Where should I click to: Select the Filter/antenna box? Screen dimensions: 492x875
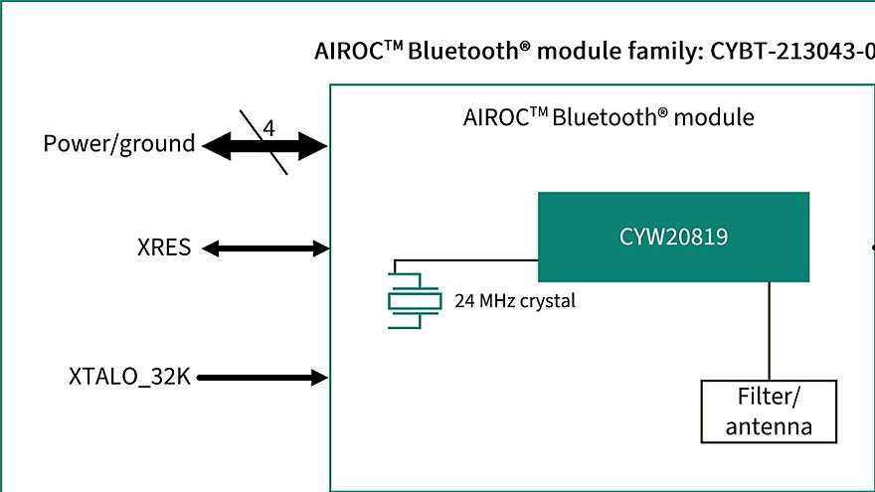point(769,411)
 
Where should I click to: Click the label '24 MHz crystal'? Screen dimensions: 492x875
point(514,300)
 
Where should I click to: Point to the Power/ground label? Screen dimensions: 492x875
point(119,144)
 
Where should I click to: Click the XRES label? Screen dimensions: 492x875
point(164,247)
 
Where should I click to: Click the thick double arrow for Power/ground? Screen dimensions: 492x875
point(229,148)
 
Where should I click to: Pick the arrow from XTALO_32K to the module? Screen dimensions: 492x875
point(264,377)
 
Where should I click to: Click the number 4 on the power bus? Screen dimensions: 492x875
point(268,129)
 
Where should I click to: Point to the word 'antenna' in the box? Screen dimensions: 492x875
point(769,426)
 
